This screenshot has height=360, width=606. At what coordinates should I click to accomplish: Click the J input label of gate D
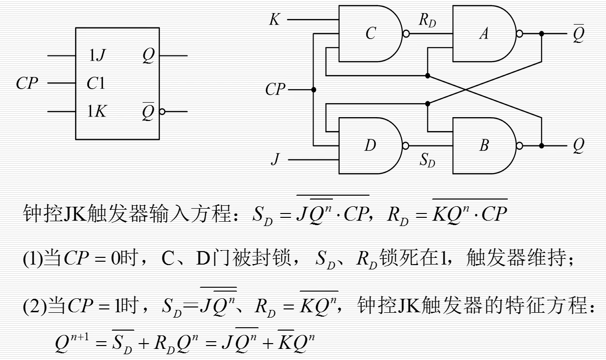click(x=275, y=160)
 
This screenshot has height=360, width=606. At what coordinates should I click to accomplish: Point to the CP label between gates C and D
click(x=275, y=90)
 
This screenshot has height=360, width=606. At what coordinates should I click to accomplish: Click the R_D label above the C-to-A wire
click(x=427, y=21)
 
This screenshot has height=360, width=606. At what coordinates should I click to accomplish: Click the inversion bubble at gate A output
click(x=519, y=34)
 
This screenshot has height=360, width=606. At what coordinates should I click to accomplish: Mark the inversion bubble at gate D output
click(x=406, y=145)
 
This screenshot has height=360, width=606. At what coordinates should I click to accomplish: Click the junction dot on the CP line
click(x=314, y=90)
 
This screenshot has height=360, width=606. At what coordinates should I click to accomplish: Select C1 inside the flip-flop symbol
click(x=95, y=84)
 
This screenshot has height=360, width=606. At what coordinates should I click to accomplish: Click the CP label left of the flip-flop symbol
click(x=27, y=84)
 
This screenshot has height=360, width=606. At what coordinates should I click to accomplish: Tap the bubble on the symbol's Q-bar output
click(x=162, y=112)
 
